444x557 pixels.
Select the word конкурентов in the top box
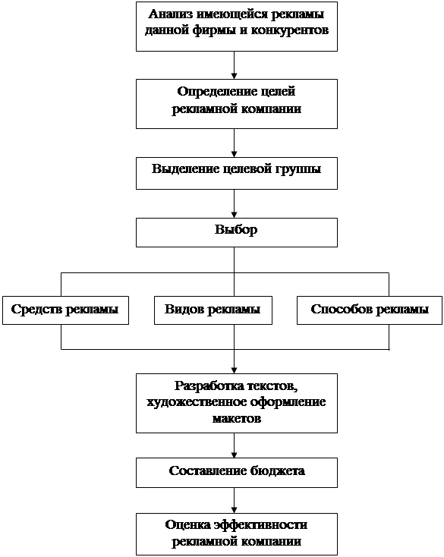290,30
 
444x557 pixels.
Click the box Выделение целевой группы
237,173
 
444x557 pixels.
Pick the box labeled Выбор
237,232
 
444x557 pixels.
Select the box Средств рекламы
65,310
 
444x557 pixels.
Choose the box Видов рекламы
213,310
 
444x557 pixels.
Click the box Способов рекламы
370,310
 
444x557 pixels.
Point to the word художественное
197,402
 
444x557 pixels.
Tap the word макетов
237,418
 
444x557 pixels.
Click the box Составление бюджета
237,473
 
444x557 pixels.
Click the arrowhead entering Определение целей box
234,76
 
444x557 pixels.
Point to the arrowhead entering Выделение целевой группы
234,154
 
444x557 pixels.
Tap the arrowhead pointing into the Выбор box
234,215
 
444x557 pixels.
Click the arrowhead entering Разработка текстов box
234,370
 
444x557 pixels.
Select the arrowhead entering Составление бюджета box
234,455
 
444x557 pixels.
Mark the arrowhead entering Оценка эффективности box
234,510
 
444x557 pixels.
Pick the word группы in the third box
298,169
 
